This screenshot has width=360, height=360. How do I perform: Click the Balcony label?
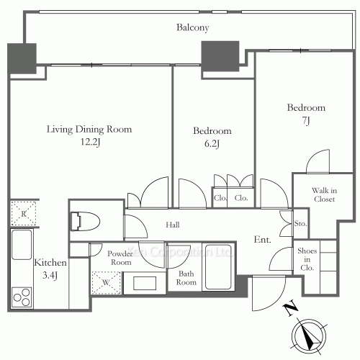coord(192,28)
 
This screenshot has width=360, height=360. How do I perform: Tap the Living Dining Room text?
coord(89,130)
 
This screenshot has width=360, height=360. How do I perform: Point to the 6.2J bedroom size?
coord(212,144)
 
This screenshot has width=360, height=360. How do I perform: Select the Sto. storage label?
coord(301,224)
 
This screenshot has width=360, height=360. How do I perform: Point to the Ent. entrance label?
coord(263,239)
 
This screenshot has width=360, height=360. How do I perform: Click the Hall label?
coord(172,225)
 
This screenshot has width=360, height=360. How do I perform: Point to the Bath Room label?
coord(186,278)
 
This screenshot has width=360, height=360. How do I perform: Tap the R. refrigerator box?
coord(23,213)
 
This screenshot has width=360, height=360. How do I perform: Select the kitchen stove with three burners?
coord(22,298)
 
